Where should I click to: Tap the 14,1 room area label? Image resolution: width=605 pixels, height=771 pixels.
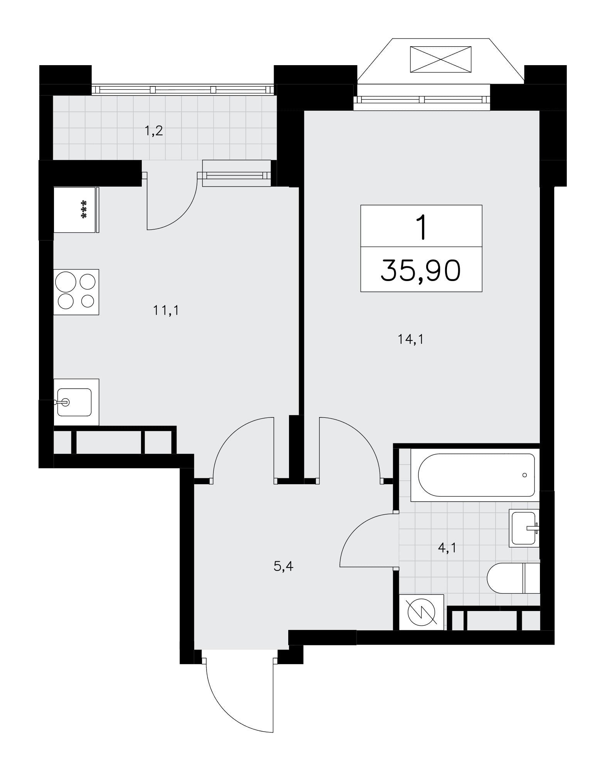pos(410,339)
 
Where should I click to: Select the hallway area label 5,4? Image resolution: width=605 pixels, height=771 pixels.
pos(284,566)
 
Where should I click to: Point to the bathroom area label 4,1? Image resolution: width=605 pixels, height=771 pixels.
pos(447,547)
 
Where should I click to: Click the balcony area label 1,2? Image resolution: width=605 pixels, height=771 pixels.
pos(154,131)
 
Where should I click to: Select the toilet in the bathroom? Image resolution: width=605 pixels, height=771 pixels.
pos(513,578)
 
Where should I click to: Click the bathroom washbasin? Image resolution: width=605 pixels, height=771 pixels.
pos(524,528)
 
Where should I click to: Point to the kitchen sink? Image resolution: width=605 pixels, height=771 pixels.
pos(76,402)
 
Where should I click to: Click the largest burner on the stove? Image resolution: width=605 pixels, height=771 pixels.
pos(66,282)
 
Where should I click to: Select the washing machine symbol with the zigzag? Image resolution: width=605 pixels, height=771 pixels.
pos(422,612)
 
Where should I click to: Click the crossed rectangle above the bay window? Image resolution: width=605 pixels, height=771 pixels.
pos(440,59)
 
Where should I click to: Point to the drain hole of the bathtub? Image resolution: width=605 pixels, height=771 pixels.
pos(524,475)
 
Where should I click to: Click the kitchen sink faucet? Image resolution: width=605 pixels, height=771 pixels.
pos(62,402)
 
